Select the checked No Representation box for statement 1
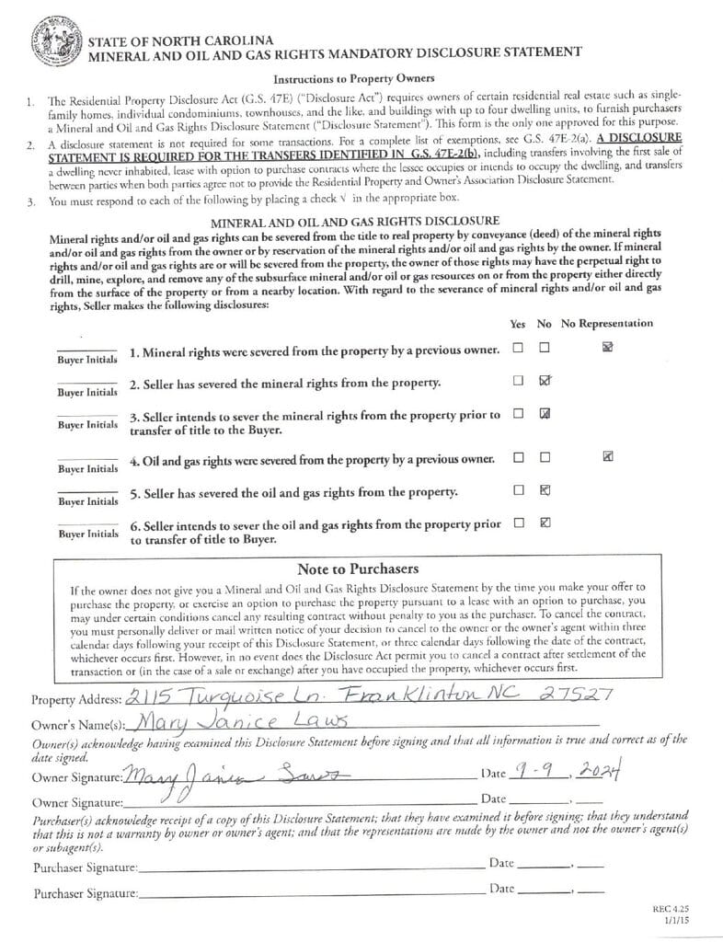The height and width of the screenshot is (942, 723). pyautogui.click(x=607, y=347)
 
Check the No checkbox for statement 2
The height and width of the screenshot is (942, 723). pyautogui.click(x=545, y=380)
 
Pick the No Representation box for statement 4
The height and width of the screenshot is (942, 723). pyautogui.click(x=607, y=455)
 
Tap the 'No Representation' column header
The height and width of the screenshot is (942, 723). pyautogui.click(x=607, y=323)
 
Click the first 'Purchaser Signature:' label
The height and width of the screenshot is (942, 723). pyautogui.click(x=86, y=867)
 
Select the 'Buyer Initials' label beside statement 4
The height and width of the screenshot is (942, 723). pyautogui.click(x=87, y=468)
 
